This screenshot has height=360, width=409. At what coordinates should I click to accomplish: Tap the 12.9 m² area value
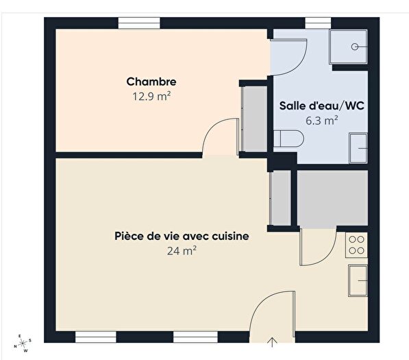[151, 97]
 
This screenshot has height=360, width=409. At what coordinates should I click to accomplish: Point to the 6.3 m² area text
[321, 121]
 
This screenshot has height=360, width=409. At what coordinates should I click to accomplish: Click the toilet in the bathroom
[287, 140]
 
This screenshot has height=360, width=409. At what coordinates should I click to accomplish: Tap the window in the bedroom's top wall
[139, 23]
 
